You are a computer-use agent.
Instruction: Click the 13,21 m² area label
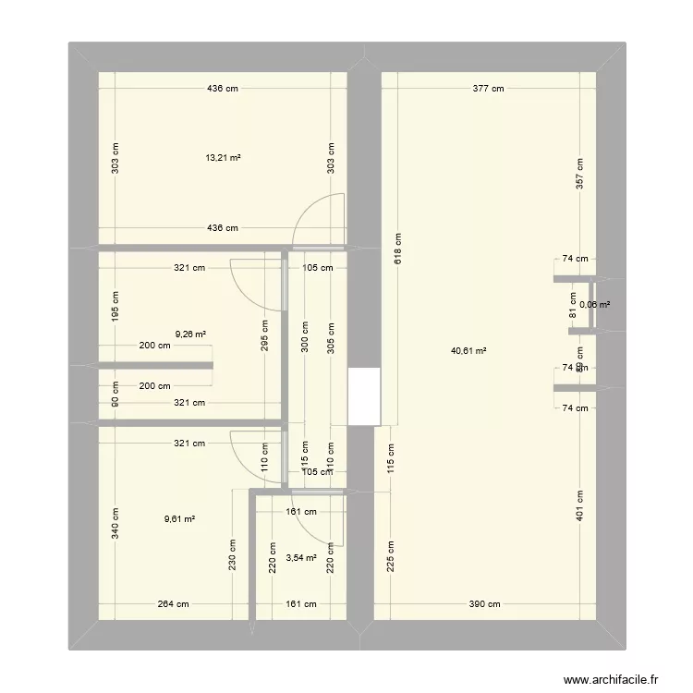point(223,158)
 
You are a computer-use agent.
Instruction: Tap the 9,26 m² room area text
point(189,335)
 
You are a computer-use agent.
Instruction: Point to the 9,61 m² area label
point(178,519)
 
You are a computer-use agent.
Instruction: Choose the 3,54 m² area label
point(301,558)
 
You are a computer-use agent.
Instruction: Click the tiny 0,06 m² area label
point(594,304)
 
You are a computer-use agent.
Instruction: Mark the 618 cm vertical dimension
point(396,249)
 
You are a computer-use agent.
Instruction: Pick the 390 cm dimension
point(483,604)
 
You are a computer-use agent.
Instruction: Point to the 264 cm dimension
point(173,604)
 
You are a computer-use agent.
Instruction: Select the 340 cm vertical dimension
point(115,523)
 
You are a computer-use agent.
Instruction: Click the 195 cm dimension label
point(115,306)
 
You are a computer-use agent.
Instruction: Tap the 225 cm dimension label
point(390,555)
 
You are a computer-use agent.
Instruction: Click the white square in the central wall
point(363,395)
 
